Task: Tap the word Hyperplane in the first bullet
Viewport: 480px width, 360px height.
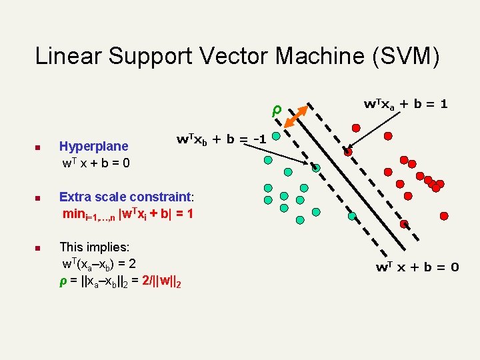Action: click(x=94, y=145)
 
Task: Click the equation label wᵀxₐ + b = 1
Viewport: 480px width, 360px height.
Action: click(x=405, y=104)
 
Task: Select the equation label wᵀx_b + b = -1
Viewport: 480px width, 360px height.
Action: click(x=221, y=139)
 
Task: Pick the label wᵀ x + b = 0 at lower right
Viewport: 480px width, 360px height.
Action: click(x=417, y=267)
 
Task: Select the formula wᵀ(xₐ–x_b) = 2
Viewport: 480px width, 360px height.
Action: click(x=99, y=263)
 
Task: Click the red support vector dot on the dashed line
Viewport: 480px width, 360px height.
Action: click(x=348, y=152)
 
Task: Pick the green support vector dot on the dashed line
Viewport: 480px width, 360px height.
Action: click(x=317, y=168)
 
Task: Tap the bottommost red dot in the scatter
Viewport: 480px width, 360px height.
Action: click(x=445, y=215)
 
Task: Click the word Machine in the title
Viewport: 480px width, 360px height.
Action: click(x=314, y=56)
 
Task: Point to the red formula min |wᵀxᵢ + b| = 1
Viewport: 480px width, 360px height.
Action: click(x=127, y=215)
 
